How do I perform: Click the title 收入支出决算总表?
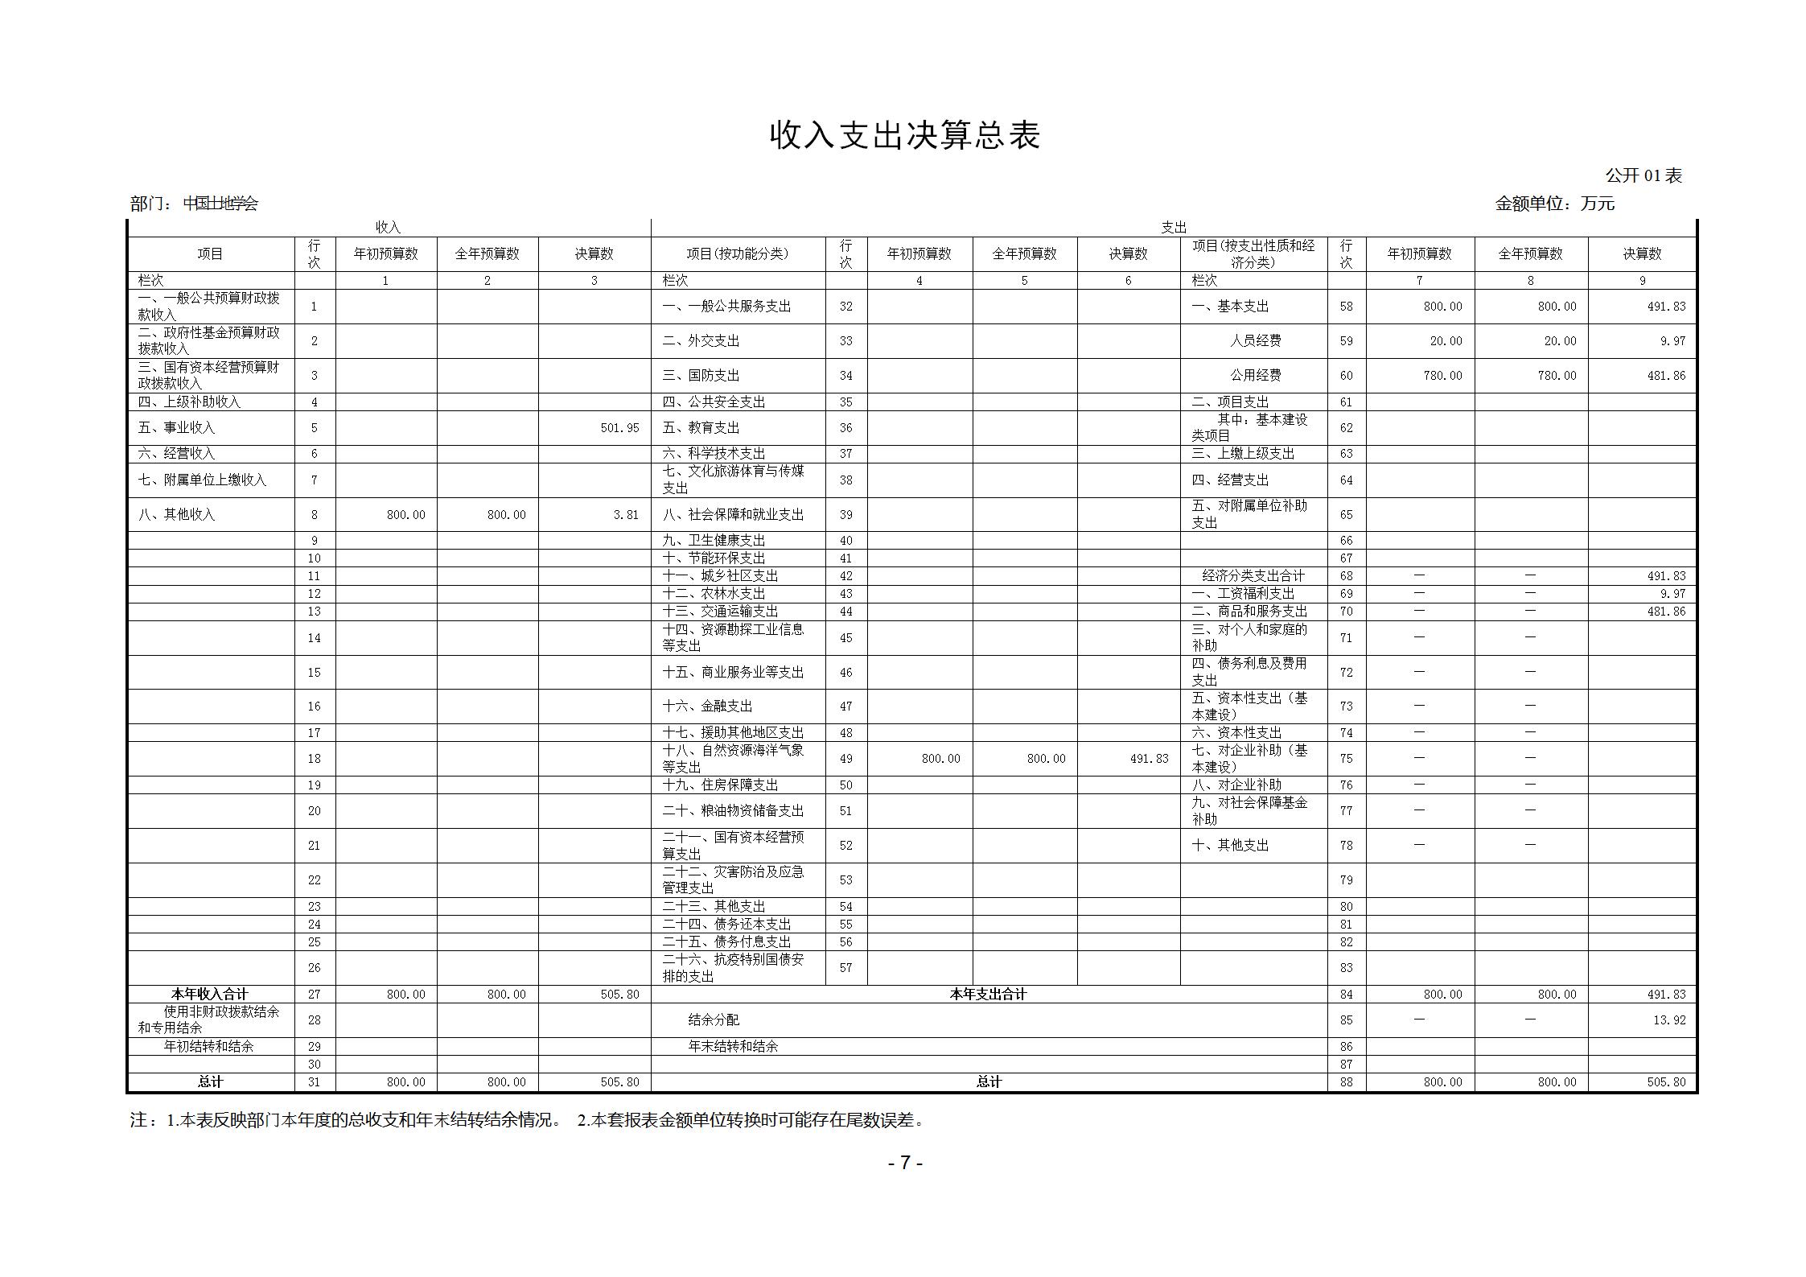pos(905,135)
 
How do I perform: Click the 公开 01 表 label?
pos(1643,175)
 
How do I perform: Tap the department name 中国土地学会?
pos(220,204)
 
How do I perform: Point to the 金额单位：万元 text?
pos(1554,204)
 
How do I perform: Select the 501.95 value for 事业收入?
pos(619,428)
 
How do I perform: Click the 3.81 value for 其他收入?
pos(626,515)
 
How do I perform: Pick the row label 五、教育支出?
pos(701,428)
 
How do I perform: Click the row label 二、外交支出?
pos(701,341)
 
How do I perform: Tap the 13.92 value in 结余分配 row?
pos(1672,1020)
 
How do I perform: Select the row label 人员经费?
pos(1255,341)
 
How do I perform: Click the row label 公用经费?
pos(1255,376)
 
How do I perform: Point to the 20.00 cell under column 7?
pos(1446,341)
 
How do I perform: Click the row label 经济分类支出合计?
pos(1253,576)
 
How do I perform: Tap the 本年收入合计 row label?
pos(210,995)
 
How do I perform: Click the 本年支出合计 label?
pos(988,995)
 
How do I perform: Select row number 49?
pos(845,759)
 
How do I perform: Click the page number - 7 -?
pos(905,1163)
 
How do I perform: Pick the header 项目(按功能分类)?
pos(737,254)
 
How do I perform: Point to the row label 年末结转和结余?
pos(733,1047)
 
